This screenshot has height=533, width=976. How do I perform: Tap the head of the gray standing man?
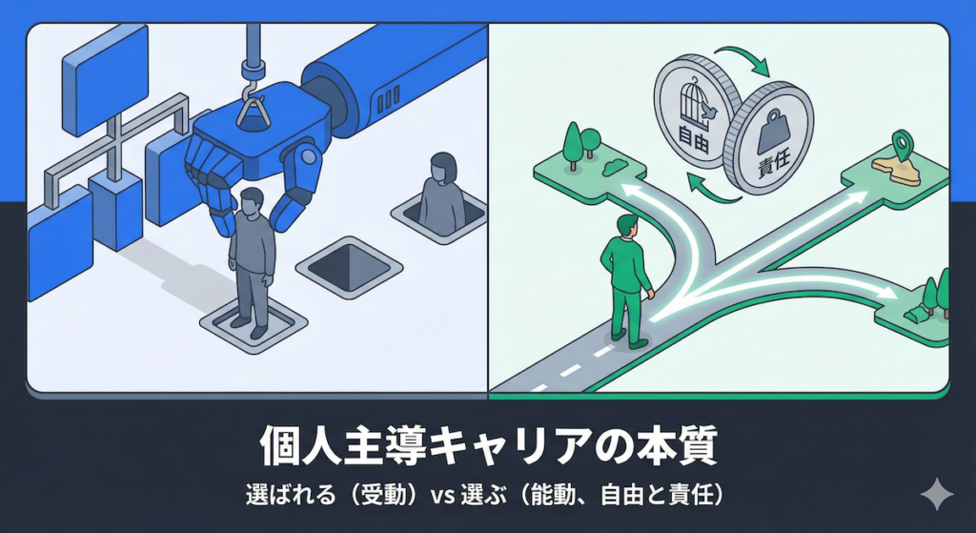click(251, 202)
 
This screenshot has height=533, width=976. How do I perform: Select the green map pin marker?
click(903, 146)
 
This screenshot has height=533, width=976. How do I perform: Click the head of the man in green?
click(627, 226)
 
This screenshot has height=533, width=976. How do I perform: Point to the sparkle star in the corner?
click(937, 495)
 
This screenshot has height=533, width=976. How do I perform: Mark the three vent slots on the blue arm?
click(388, 99)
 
